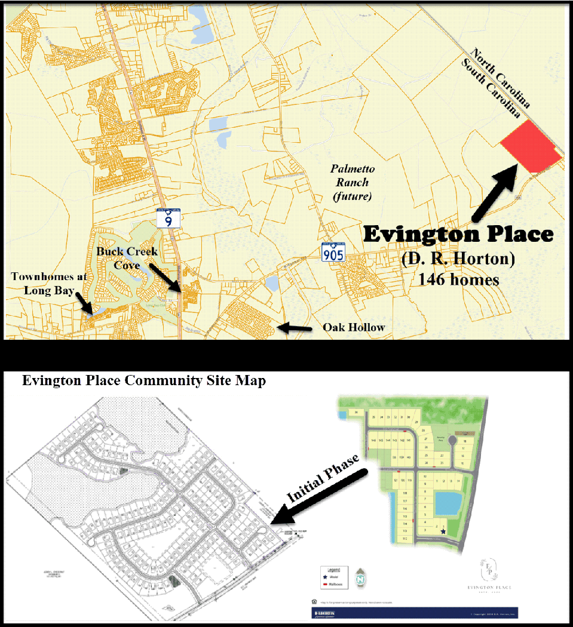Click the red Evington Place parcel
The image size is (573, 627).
point(531,146)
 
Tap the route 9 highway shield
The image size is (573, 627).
point(169,217)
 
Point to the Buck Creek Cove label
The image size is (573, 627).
point(128,257)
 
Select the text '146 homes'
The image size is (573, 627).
point(459,278)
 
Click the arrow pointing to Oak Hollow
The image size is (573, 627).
point(296,327)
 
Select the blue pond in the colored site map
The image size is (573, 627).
point(448,503)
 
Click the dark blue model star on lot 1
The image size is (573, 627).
point(443,530)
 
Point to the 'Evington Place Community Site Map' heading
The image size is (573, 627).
point(143,380)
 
